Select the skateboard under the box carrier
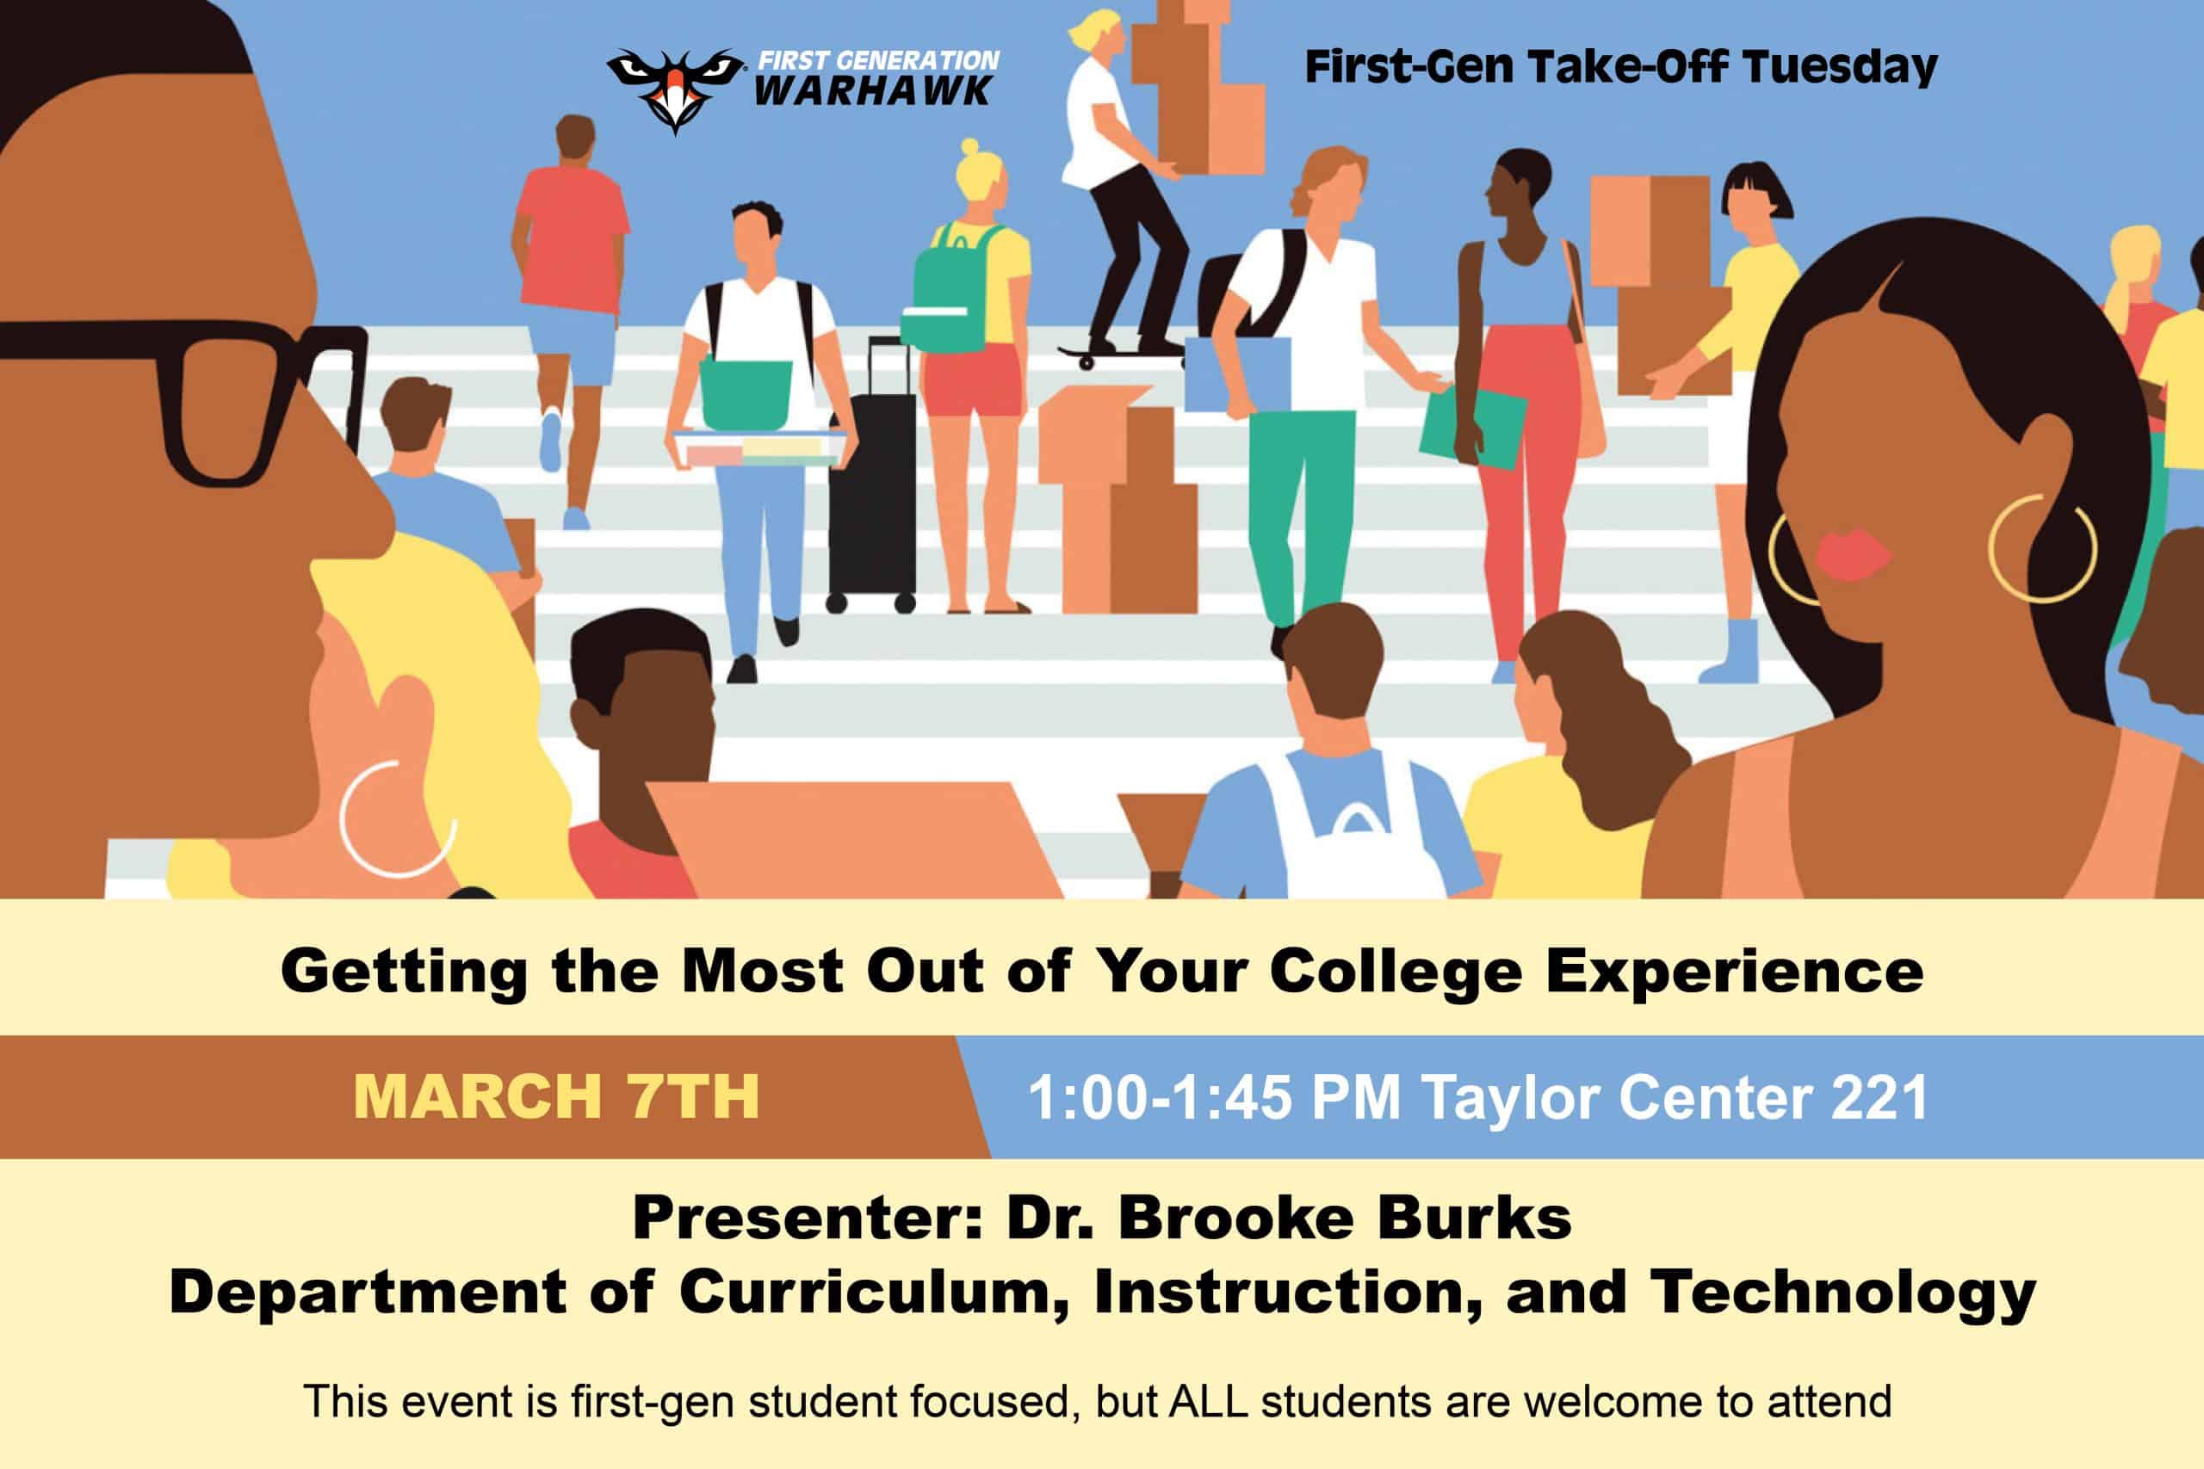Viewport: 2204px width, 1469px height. [1121, 355]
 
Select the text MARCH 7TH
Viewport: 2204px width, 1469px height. [557, 1096]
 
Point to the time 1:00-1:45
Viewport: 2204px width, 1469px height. [1160, 1097]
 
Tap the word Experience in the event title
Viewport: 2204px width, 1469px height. [1735, 972]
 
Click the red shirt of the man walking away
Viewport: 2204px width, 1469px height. [572, 238]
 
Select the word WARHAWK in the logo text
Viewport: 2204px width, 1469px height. [872, 92]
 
